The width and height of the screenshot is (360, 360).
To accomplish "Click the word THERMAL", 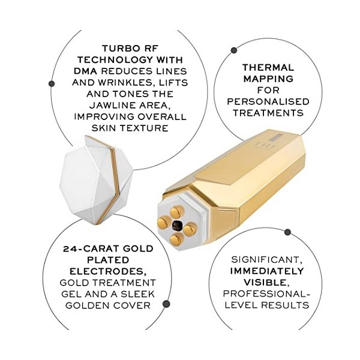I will [x=268, y=68].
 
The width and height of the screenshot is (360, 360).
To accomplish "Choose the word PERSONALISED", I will [x=268, y=101].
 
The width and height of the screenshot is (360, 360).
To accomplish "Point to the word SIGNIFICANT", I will [x=268, y=260].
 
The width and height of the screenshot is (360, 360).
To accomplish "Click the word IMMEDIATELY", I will [x=268, y=271].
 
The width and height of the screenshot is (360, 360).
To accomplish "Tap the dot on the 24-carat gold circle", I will [x=166, y=304].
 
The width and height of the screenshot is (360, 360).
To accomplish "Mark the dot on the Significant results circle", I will [x=287, y=232].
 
